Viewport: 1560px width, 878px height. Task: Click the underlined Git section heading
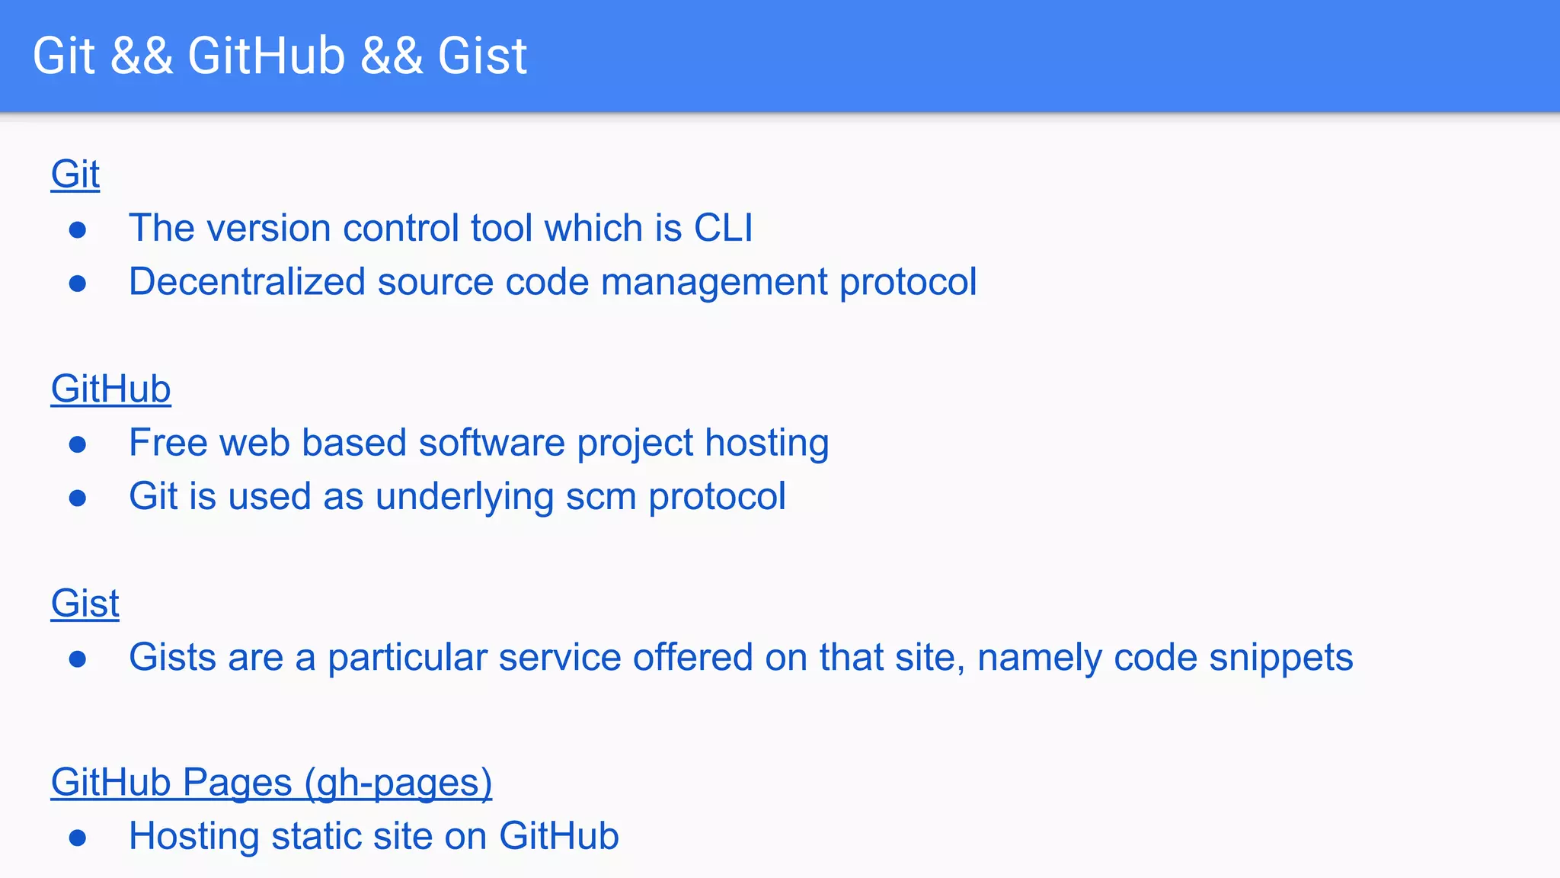click(75, 175)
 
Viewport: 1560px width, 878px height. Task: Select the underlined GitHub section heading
click(110, 389)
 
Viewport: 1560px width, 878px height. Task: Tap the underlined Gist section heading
click(85, 604)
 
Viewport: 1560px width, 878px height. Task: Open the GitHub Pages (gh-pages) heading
click(271, 783)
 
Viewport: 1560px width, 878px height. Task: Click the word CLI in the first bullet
click(723, 228)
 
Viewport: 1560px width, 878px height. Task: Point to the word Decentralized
click(248, 282)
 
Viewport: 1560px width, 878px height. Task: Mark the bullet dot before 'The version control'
click(77, 229)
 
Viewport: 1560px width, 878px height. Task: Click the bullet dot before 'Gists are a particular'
click(77, 658)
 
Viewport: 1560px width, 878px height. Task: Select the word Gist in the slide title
click(481, 56)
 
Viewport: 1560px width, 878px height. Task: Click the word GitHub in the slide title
click(266, 56)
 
